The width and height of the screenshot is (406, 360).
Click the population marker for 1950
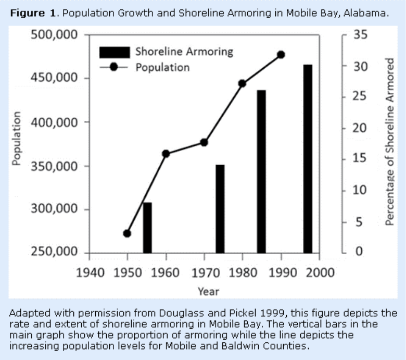click(127, 233)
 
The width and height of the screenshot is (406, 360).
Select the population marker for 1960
click(166, 154)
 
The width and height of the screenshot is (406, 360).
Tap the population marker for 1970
click(204, 142)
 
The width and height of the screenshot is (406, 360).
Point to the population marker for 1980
click(242, 83)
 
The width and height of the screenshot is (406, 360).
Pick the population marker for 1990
click(281, 55)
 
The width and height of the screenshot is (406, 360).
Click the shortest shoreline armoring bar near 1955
click(147, 227)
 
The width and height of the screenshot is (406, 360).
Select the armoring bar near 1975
click(220, 208)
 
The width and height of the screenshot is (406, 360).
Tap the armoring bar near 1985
click(261, 171)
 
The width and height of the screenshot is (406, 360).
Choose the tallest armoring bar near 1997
click(308, 159)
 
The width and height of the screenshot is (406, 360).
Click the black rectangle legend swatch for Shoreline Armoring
click(114, 52)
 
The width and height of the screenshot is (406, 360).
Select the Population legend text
click(162, 67)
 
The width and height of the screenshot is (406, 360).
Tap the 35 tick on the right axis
click(360, 35)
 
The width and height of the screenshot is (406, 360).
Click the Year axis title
click(208, 291)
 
